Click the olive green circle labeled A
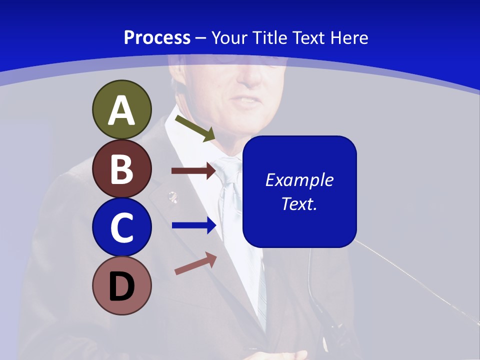coord(121,109)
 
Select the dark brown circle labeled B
coord(121,168)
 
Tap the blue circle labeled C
coord(121,227)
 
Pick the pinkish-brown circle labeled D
coord(121,285)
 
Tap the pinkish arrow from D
coord(195,263)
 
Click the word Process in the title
coord(157,37)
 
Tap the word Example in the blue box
coord(299,180)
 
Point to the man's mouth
coord(248,100)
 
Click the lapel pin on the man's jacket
coord(172,196)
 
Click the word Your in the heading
coord(229,37)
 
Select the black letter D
coord(121,286)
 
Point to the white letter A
coord(121,110)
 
